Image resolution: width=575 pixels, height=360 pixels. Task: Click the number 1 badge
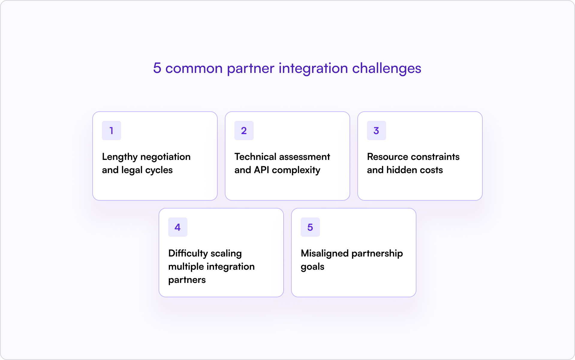[x=111, y=130]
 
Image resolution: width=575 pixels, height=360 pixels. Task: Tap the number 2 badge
[x=244, y=130]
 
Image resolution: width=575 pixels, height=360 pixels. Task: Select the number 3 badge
[x=376, y=130]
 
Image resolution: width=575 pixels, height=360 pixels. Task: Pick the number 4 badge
[x=177, y=227]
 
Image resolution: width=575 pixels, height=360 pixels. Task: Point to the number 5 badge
[x=310, y=227]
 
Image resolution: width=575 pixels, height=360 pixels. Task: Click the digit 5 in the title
[x=157, y=68]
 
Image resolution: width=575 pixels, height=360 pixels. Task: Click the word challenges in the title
[x=386, y=69]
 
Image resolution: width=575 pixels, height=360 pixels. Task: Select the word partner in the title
[x=250, y=69]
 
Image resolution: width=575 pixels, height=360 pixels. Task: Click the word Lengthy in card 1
[x=120, y=157]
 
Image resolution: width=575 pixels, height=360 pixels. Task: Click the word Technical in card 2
[x=255, y=157]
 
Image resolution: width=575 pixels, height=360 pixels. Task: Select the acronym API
[x=261, y=170]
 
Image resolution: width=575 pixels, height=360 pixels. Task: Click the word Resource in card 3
[x=387, y=157]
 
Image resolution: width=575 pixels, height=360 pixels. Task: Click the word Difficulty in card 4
[x=188, y=253]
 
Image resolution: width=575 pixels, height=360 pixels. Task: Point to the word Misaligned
[x=324, y=253]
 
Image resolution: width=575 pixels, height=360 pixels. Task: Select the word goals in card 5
[x=312, y=267]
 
